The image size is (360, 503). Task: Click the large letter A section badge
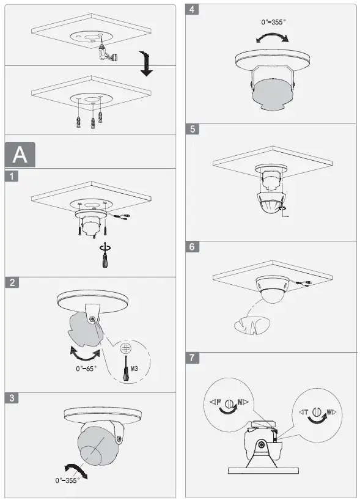click(20, 155)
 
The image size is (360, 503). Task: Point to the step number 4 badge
click(193, 10)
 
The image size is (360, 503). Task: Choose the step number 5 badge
click(193, 130)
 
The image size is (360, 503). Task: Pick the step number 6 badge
click(193, 247)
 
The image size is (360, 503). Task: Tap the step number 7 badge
click(193, 358)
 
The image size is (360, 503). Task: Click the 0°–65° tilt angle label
click(86, 369)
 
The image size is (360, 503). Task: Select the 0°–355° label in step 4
click(273, 23)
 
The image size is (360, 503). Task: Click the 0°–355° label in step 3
click(67, 480)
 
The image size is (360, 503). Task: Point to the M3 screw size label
click(134, 369)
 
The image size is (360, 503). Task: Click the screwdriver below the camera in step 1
click(103, 257)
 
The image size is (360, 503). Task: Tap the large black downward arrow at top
click(145, 64)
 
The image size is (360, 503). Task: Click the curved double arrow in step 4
click(272, 39)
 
